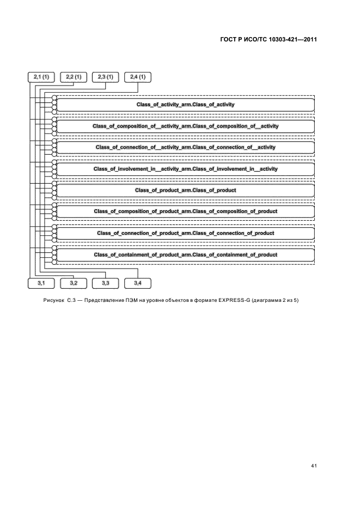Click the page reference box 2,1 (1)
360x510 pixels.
pos(41,77)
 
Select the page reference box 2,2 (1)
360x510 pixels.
pos(74,77)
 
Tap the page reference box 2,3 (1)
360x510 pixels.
pos(105,77)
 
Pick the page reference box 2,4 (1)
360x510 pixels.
pos(138,77)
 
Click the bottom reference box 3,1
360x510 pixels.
pos(41,283)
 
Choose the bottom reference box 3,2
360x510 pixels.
pos(74,283)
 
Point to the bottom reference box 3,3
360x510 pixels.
pos(105,283)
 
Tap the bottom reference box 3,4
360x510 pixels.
pos(138,283)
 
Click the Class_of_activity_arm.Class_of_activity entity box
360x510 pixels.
pos(185,105)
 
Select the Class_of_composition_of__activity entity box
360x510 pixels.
pos(185,126)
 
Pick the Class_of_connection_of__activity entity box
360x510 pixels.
pos(185,147)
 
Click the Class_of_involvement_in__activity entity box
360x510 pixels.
pos(185,169)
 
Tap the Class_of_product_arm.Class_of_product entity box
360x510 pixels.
pos(185,190)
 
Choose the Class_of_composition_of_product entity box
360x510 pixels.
pos(185,211)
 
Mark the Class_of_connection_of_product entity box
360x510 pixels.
pos(185,233)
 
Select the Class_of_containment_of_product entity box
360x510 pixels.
pos(185,254)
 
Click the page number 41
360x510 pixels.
pos(314,466)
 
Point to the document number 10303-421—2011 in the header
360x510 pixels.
pos(292,40)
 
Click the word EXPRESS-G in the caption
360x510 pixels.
pos(234,300)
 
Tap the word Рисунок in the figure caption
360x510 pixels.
pos(54,300)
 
